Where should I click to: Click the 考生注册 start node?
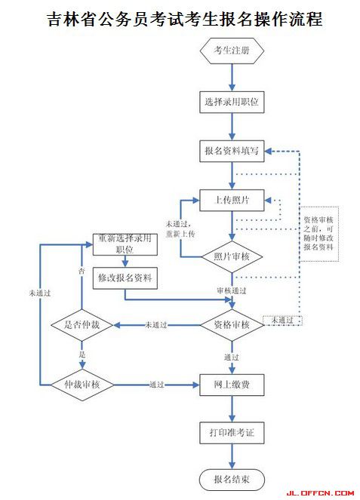(x=232, y=51)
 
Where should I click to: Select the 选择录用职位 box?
(x=232, y=100)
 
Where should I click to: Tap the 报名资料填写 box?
(x=232, y=151)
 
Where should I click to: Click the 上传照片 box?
(x=232, y=201)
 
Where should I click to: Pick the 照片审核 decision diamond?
(x=232, y=257)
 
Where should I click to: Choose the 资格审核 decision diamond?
(x=232, y=324)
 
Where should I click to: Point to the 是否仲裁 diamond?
(x=82, y=324)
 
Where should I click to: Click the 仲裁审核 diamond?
(x=82, y=385)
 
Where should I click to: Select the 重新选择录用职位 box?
(x=125, y=244)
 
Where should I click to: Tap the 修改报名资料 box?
(x=125, y=278)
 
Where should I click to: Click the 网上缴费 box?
(x=232, y=385)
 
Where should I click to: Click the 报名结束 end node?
(x=232, y=479)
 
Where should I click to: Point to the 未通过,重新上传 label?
(x=180, y=229)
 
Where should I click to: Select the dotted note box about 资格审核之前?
(x=320, y=233)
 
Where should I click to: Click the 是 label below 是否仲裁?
(x=82, y=353)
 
